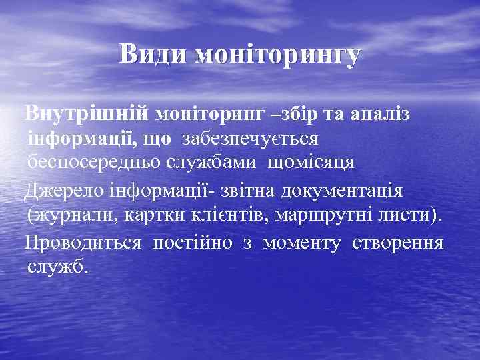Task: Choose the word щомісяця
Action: coord(311,162)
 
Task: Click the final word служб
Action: coord(58,267)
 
